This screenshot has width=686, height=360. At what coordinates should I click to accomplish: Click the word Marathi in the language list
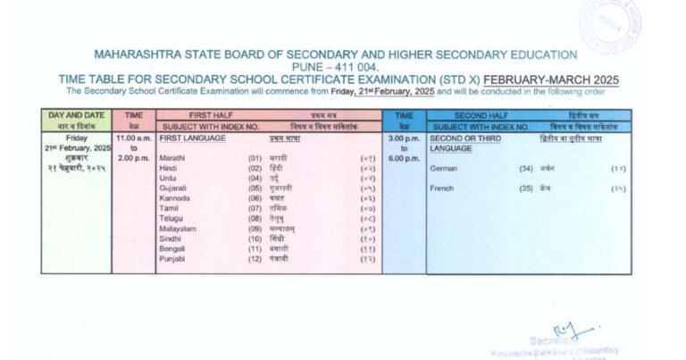tap(171, 157)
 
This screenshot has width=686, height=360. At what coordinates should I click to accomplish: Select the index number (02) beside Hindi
tap(255, 168)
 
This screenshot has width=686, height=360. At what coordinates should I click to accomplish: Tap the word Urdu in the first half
tap(168, 178)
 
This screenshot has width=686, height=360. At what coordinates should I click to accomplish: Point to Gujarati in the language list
tap(172, 188)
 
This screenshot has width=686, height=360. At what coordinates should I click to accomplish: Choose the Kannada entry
tap(173, 198)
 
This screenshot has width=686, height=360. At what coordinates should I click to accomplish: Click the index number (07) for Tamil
tap(255, 208)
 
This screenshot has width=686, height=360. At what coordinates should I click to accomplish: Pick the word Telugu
tap(171, 218)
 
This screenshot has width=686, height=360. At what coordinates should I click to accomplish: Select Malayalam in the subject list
tap(177, 229)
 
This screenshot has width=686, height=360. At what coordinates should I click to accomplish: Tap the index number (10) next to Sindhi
tap(255, 239)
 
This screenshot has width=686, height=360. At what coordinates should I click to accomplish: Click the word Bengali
tap(171, 248)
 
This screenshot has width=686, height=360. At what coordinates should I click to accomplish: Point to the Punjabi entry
tap(171, 259)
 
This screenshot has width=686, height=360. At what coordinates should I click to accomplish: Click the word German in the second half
tap(444, 168)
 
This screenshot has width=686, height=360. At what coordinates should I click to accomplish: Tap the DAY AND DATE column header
tap(77, 115)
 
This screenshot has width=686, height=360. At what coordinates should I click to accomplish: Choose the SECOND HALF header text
tap(482, 115)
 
